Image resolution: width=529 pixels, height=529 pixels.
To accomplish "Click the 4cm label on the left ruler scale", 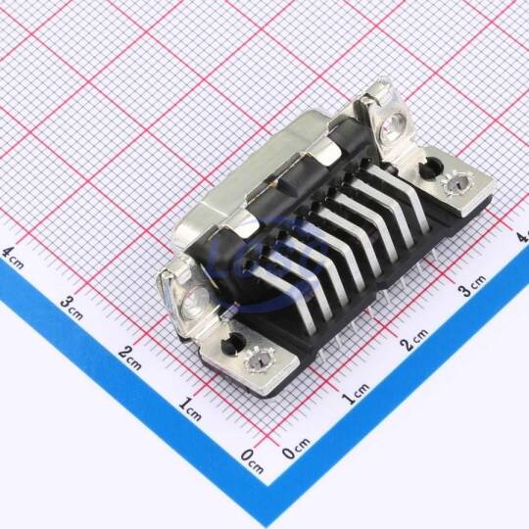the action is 13,258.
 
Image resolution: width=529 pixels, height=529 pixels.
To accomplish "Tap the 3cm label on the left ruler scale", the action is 72,308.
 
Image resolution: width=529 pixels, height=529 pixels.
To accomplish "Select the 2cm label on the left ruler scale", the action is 130,358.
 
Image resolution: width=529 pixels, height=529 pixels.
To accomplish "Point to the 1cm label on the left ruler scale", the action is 190,409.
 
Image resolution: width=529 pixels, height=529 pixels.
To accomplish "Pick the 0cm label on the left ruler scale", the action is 252,461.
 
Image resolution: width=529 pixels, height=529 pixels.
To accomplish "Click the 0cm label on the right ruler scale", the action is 296,449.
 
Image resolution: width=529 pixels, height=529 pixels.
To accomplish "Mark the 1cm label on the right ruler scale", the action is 356,394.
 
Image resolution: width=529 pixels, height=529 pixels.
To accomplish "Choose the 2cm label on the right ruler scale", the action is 414,339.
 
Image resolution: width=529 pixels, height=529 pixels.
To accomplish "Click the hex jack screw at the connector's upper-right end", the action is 394,123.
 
